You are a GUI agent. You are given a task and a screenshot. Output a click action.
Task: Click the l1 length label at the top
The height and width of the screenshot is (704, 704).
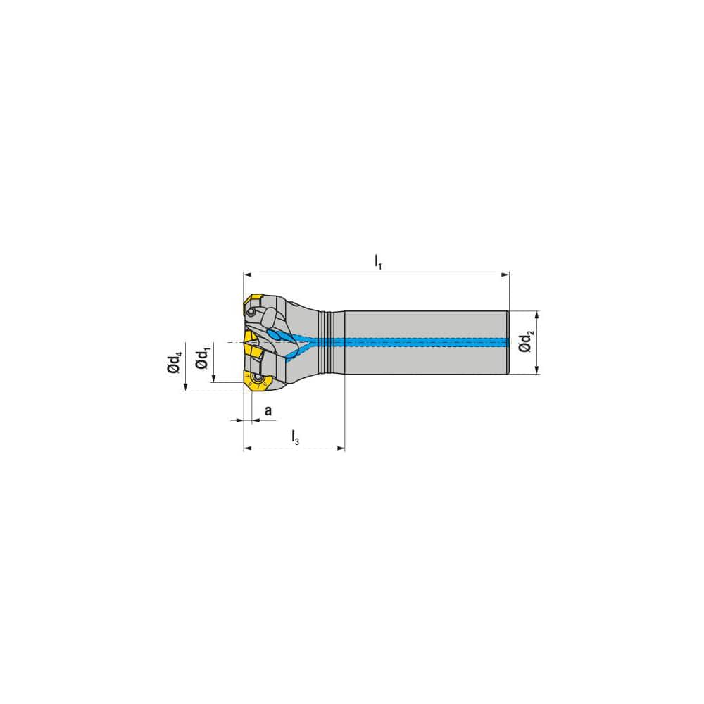[x=378, y=262]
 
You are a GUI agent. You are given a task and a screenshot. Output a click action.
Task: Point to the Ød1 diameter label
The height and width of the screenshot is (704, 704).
[x=202, y=357]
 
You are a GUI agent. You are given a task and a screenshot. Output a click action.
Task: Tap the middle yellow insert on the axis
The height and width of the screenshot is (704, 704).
[x=251, y=348]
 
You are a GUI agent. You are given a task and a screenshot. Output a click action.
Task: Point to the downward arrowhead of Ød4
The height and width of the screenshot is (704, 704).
[x=186, y=386]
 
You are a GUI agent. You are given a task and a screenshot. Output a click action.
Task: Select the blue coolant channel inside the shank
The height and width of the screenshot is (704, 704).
[x=422, y=342]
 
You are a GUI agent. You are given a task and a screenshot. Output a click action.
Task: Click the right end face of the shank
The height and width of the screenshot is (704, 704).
[x=508, y=342]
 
